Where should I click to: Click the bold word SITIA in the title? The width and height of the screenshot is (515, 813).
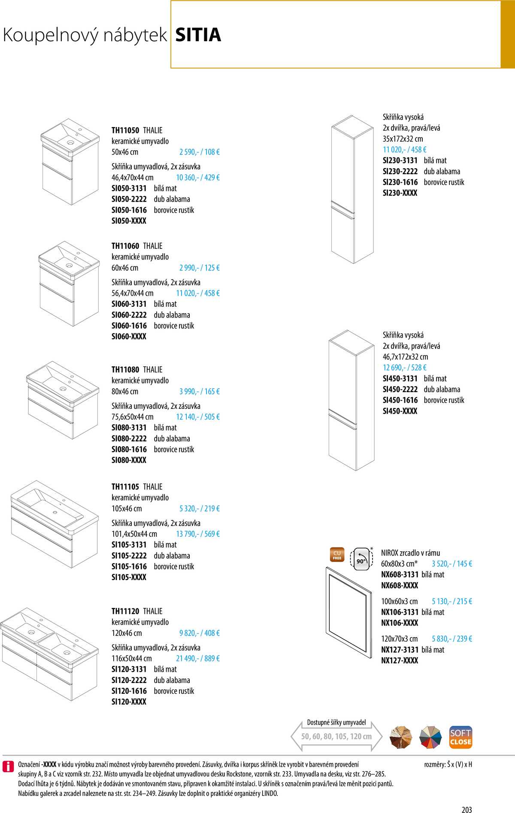point(198,35)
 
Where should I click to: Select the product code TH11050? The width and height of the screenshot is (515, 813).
point(125,130)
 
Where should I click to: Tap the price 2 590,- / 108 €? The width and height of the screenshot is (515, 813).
point(200,152)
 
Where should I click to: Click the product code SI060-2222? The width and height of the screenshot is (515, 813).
point(129,315)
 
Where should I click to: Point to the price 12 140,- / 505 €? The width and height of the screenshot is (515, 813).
point(198,417)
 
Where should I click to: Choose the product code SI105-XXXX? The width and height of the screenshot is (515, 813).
point(129,577)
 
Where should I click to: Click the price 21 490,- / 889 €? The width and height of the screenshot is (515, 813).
point(198,658)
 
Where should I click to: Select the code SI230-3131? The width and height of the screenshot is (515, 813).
point(400,160)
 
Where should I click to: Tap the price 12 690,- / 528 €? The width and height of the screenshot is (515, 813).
point(405,368)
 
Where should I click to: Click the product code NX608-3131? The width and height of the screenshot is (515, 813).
point(400,574)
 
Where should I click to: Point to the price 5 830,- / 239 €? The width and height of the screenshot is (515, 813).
point(452,639)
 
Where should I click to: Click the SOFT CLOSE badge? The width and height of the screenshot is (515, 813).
point(460,737)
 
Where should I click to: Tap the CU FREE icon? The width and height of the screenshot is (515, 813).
point(337,555)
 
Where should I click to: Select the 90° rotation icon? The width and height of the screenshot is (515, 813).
point(361,559)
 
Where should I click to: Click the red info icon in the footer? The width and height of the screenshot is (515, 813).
point(8,766)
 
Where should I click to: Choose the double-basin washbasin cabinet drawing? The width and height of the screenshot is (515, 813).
point(43,654)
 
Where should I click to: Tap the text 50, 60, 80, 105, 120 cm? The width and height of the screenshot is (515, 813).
point(336,736)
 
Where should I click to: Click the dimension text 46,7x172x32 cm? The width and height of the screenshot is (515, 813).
point(405,357)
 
